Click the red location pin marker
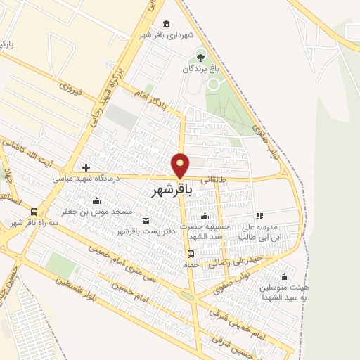pyautogui.click(x=181, y=165)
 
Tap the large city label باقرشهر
pyautogui.click(x=170, y=190)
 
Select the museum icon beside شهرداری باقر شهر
pyautogui.click(x=166, y=23)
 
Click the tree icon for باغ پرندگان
pyautogui.click(x=202, y=56)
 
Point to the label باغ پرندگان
pyautogui.click(x=202, y=69)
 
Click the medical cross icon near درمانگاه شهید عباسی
pyautogui.click(x=86, y=167)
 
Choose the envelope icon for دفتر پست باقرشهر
pyautogui.click(x=146, y=219)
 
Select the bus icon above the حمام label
pyautogui.click(x=190, y=254)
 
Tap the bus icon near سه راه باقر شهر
pyautogui.click(x=34, y=212)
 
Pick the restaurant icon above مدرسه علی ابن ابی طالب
pyautogui.click(x=259, y=217)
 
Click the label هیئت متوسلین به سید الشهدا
pyautogui.click(x=284, y=291)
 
